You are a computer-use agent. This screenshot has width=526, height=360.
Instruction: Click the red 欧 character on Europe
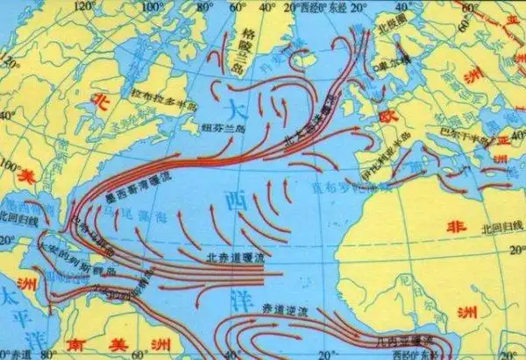(383, 116)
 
